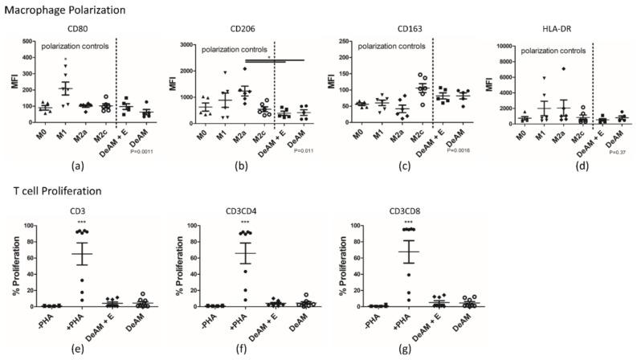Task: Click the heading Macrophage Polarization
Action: point(57,10)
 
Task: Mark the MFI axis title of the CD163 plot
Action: point(330,84)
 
